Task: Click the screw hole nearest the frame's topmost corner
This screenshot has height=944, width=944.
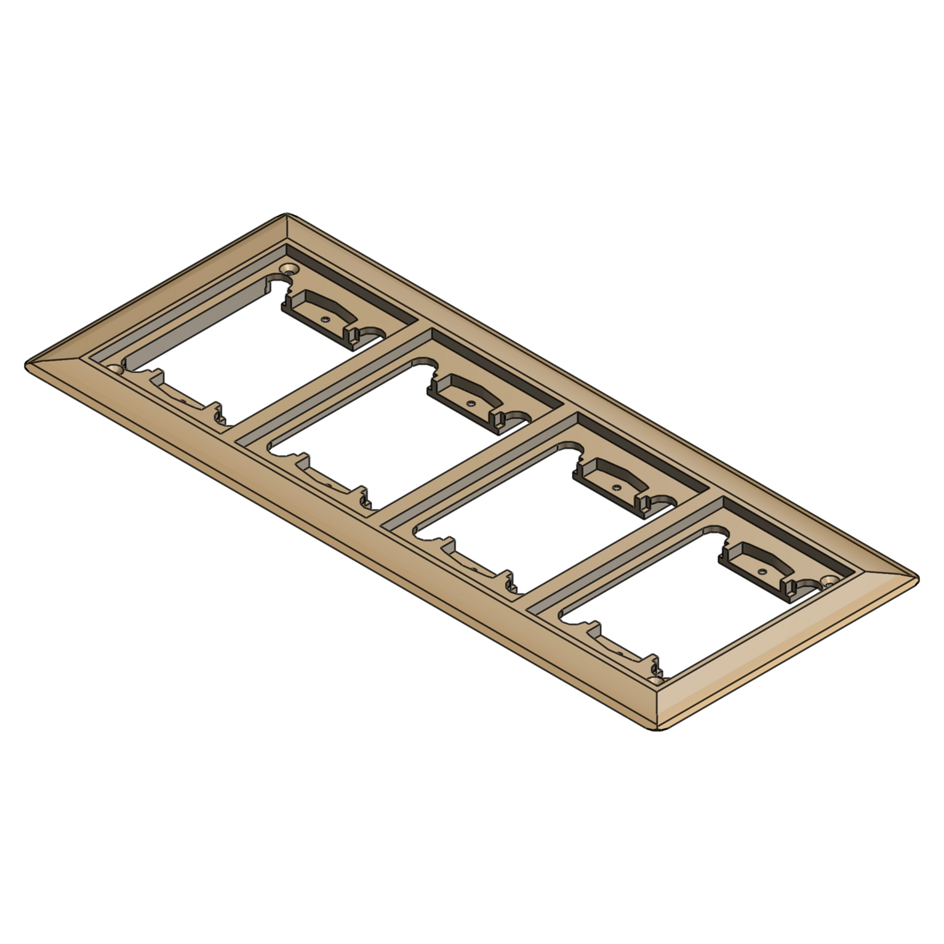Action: tap(289, 269)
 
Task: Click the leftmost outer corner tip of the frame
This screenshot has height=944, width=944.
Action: tap(27, 365)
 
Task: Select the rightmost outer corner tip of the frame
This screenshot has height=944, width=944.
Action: tap(918, 578)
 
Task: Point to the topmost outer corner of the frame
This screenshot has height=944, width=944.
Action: tap(288, 215)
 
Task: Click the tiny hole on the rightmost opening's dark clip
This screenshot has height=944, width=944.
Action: tap(762, 571)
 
